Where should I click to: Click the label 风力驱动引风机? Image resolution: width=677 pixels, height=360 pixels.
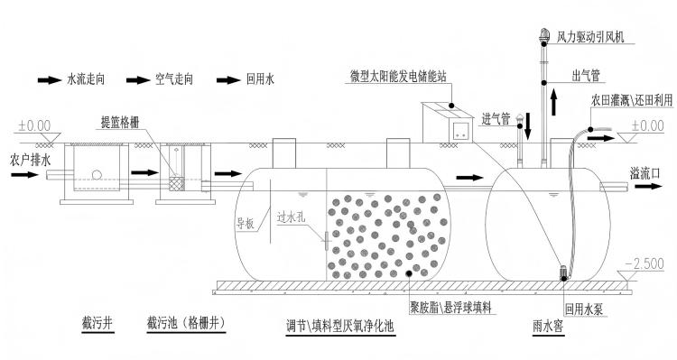(x=590, y=37)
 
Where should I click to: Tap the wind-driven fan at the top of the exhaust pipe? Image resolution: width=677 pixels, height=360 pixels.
(x=544, y=35)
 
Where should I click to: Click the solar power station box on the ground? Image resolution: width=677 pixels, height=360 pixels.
(x=448, y=123)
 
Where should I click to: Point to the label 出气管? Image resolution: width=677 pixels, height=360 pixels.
(x=586, y=76)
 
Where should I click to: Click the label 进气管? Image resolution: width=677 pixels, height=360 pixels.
(x=496, y=119)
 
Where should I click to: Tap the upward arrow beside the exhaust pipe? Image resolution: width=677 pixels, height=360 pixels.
(x=553, y=100)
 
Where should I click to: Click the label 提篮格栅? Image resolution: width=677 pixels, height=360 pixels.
(x=120, y=122)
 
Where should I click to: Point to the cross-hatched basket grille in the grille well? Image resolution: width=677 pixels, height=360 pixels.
(x=176, y=183)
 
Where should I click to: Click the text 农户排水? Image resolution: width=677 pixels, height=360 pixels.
(x=30, y=160)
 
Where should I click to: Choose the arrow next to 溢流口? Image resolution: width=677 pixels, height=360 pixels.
(x=648, y=187)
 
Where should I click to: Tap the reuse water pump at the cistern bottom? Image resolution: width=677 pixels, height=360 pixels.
(x=563, y=272)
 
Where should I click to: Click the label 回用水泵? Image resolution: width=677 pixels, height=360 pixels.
(x=584, y=309)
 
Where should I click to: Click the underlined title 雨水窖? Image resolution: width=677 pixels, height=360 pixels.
(x=548, y=327)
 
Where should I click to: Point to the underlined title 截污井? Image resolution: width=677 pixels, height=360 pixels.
(x=97, y=324)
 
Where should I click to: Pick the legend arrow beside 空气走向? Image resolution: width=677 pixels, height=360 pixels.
(x=138, y=80)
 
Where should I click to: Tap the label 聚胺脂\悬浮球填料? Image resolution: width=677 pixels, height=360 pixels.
(x=450, y=308)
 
